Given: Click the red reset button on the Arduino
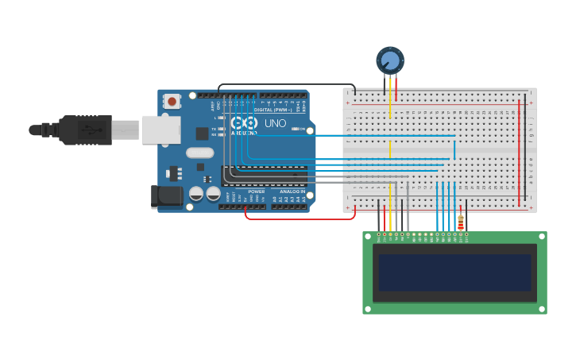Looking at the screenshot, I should point(172,102).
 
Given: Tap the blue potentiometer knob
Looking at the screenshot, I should point(389,60).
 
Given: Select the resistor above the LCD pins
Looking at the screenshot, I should point(460,222).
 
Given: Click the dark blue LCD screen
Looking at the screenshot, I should point(454,273).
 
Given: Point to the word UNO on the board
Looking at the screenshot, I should point(275,124).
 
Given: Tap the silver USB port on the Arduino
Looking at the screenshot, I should point(160,130).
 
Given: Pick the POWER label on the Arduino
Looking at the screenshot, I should point(256,192).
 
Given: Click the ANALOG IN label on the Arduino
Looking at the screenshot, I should point(292,192).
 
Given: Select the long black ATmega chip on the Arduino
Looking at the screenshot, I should point(265,176).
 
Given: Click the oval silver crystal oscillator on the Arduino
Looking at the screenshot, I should point(200,153).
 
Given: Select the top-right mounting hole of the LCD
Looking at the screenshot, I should point(540,238).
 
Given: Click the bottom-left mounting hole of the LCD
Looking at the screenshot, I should point(369,308).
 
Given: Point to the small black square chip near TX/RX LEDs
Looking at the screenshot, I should point(203,134).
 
